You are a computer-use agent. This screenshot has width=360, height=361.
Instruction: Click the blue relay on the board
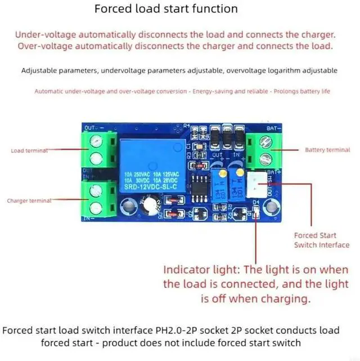click(x=149, y=166)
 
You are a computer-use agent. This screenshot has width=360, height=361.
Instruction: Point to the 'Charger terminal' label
click(x=29, y=200)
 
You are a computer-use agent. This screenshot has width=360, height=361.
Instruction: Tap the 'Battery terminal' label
click(x=327, y=150)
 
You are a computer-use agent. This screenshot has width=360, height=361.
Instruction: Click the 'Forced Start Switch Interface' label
click(x=321, y=240)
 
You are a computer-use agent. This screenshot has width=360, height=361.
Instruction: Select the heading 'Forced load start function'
click(x=166, y=9)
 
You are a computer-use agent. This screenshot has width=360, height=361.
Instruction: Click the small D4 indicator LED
click(x=254, y=211)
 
